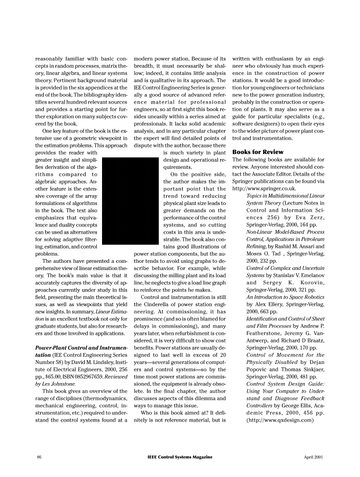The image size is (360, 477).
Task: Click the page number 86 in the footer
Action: pos(39,457)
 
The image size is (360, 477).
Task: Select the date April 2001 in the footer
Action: pos(313,457)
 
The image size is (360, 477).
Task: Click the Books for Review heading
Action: pos(257,152)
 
